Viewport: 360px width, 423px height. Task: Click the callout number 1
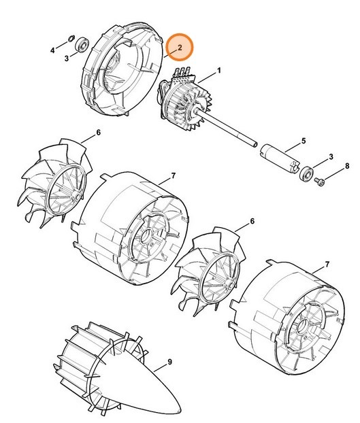point(220,71)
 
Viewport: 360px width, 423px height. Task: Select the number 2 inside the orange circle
point(179,48)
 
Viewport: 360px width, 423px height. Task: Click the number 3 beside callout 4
point(67,59)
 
